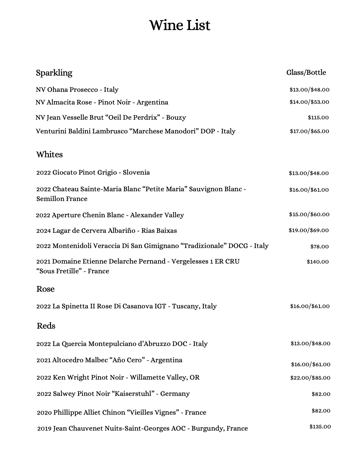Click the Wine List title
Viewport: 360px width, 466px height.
coord(180,25)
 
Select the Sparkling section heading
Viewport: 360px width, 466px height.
coord(54,73)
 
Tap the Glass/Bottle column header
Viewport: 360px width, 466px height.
coord(306,72)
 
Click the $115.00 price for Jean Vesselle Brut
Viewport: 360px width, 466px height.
coord(318,117)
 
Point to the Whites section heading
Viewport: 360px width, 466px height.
coord(50,154)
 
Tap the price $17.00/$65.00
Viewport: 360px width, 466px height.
coord(309,131)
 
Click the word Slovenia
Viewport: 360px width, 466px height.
coord(136,172)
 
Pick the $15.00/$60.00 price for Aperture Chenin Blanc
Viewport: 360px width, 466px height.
coord(309,214)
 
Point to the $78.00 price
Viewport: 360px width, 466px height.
coord(319,247)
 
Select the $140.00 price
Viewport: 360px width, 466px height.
coord(318,262)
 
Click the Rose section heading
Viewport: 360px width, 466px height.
coord(46,289)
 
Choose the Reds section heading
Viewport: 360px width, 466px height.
coord(46,326)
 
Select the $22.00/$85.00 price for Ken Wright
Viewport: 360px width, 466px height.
coord(310,378)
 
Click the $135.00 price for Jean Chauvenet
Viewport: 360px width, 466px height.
coord(320,427)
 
